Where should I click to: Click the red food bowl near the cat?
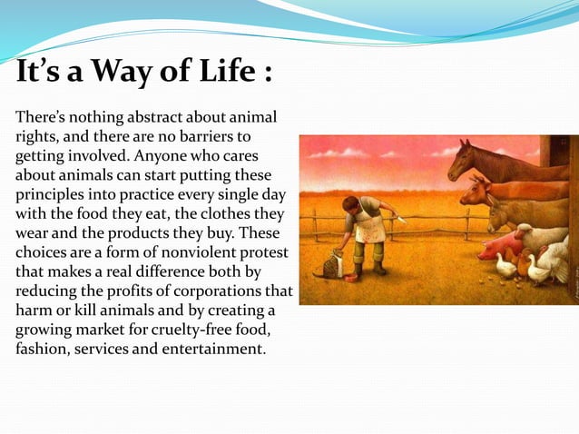click(350, 279)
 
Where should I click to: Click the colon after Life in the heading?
click(268, 73)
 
